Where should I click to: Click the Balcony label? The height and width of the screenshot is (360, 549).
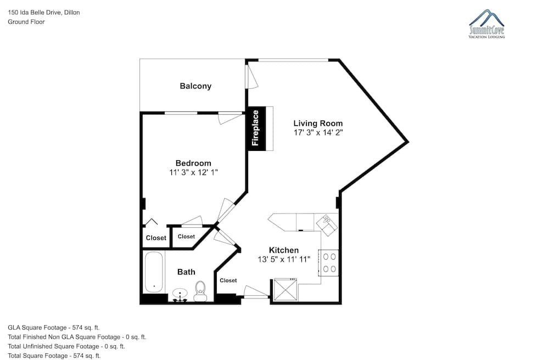pos(195,86)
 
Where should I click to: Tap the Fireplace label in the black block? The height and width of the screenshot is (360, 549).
pos(255,128)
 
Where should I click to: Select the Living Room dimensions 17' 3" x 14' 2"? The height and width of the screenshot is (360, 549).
pos(318,133)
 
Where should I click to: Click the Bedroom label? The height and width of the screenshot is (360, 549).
pos(193,163)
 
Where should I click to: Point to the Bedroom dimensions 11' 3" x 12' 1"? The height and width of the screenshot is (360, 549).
pos(193,172)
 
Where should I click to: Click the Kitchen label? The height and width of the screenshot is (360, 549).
pos(284,250)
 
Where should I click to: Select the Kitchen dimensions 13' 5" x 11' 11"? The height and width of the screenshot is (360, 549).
pos(284,260)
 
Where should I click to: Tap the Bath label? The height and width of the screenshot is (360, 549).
pos(186,272)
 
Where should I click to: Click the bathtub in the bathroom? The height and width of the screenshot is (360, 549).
pos(154,272)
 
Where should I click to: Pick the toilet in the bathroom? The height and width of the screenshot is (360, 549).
pos(200,291)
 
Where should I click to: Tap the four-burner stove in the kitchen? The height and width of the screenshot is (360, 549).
pos(329,263)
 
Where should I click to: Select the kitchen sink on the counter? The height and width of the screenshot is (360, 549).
pos(327,224)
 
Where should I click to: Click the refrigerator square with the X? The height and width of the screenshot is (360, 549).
pos(285,289)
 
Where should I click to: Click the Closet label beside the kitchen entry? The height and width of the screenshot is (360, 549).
pos(228,280)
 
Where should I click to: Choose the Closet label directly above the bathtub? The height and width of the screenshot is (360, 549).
pos(156,238)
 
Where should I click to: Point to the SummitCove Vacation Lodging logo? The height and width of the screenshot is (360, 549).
pos(486,24)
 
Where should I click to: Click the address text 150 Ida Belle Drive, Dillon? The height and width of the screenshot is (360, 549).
pos(44,13)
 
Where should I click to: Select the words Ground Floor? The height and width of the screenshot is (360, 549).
pos(26,22)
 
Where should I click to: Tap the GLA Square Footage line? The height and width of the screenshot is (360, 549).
pos(54,328)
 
